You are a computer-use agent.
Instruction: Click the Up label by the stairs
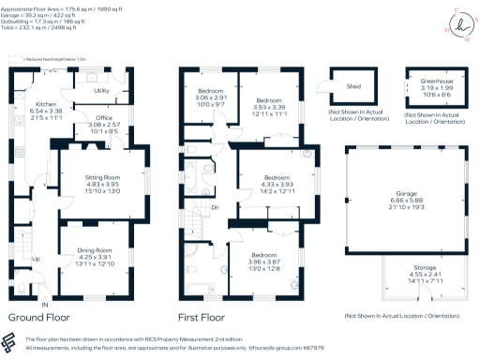[x=36, y=259]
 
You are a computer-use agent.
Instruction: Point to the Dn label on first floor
[x=216, y=208]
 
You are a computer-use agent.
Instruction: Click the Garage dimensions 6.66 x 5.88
[x=405, y=199]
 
